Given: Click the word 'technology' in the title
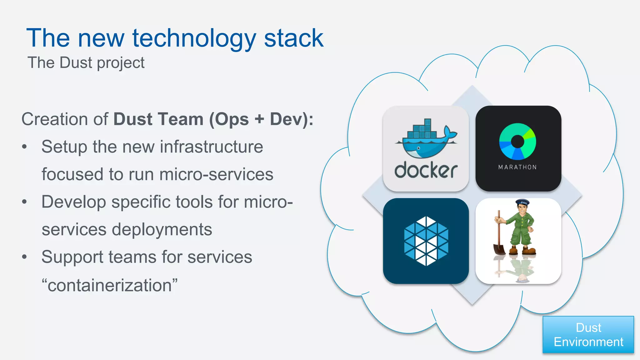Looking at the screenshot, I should (x=194, y=39).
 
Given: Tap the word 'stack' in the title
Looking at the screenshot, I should (x=293, y=38).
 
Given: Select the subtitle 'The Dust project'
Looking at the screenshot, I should (x=86, y=63).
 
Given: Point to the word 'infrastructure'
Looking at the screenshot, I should (x=211, y=147).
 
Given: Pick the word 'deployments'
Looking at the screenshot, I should (x=162, y=230).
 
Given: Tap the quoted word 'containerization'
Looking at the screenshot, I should (x=110, y=285).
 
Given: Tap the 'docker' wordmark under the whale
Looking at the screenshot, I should (x=426, y=171).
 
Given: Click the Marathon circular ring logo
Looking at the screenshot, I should (x=517, y=141).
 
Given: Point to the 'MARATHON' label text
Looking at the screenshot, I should (x=517, y=167).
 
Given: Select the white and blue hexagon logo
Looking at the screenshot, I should (x=426, y=241).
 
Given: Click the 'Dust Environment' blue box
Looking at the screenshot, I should (x=588, y=335).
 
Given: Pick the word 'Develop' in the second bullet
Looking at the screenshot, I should (x=74, y=202).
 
